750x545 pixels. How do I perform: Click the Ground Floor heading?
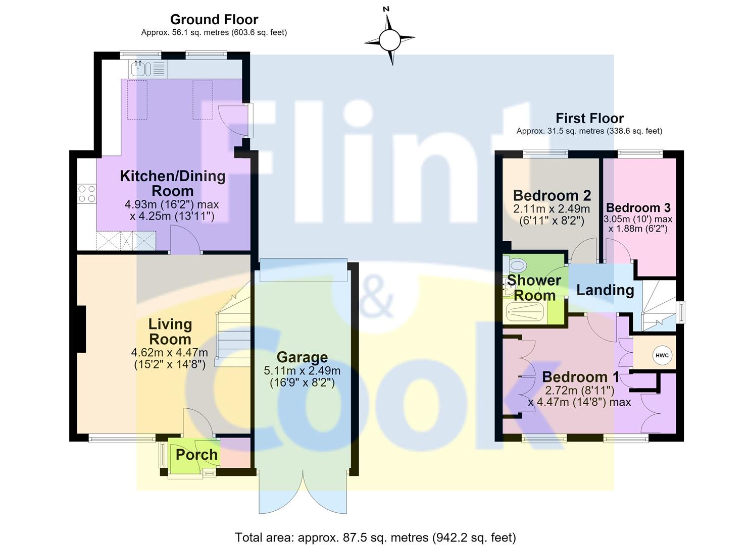214,19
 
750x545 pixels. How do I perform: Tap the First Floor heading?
589,118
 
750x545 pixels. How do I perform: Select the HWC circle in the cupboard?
662,355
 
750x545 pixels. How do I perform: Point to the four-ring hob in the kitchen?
87,194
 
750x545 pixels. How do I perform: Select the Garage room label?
302,357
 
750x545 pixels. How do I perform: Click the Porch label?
196,455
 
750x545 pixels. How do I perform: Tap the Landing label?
605,290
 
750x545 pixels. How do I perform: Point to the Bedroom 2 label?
552,195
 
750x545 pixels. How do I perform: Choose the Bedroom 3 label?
638,208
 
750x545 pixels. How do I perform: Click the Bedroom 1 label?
581,377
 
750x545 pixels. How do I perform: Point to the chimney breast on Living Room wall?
82,329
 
